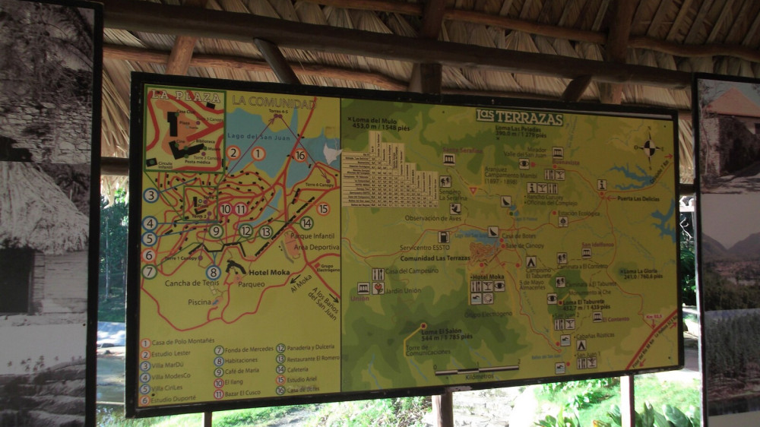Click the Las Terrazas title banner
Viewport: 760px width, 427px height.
click(x=520, y=118)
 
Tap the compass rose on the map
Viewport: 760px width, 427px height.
click(x=648, y=147)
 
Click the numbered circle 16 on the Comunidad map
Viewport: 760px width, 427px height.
click(x=300, y=156)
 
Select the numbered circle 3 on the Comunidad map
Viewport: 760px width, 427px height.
click(x=150, y=195)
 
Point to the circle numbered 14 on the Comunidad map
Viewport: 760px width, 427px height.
click(x=306, y=223)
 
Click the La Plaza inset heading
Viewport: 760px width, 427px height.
click(x=176, y=95)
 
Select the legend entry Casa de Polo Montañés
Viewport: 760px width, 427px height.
click(x=183, y=342)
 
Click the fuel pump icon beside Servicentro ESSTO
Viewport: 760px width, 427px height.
click(x=443, y=237)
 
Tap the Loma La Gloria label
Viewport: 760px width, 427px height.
click(x=641, y=272)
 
